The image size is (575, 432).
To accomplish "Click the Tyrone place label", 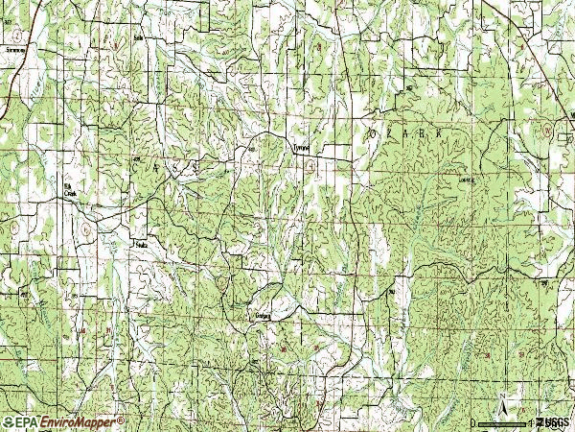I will tap(300, 148).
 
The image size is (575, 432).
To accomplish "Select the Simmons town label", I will tap(13, 46).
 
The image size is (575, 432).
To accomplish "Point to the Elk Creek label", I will tap(69, 190).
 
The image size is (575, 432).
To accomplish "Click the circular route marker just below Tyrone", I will tap(313, 167).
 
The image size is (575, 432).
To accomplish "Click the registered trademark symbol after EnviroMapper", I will tap(121, 419).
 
